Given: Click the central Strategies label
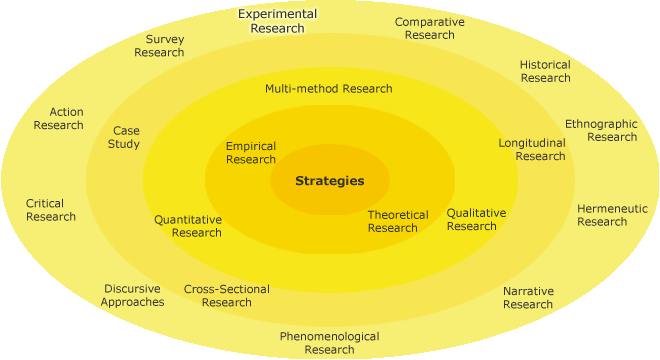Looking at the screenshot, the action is [x=329, y=181].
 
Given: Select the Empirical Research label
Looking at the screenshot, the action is [x=251, y=153].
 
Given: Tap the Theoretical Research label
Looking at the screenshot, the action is [x=397, y=221].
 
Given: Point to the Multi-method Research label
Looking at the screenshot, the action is [x=328, y=88].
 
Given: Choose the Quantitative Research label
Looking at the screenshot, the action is [x=188, y=226].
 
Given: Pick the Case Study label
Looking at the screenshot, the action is [x=126, y=137].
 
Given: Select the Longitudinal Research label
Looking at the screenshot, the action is [x=532, y=149].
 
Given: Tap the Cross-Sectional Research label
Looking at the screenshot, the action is [x=226, y=296].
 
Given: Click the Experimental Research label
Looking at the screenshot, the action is [x=278, y=21].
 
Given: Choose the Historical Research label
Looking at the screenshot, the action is [x=545, y=71].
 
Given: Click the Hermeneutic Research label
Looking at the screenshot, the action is [x=612, y=215].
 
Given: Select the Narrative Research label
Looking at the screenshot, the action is [x=528, y=297].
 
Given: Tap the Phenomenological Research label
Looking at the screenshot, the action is [x=329, y=343].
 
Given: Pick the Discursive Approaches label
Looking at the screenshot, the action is [x=132, y=295].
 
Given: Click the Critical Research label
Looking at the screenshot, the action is [x=51, y=210].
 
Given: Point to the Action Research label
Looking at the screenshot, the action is [x=58, y=118].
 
